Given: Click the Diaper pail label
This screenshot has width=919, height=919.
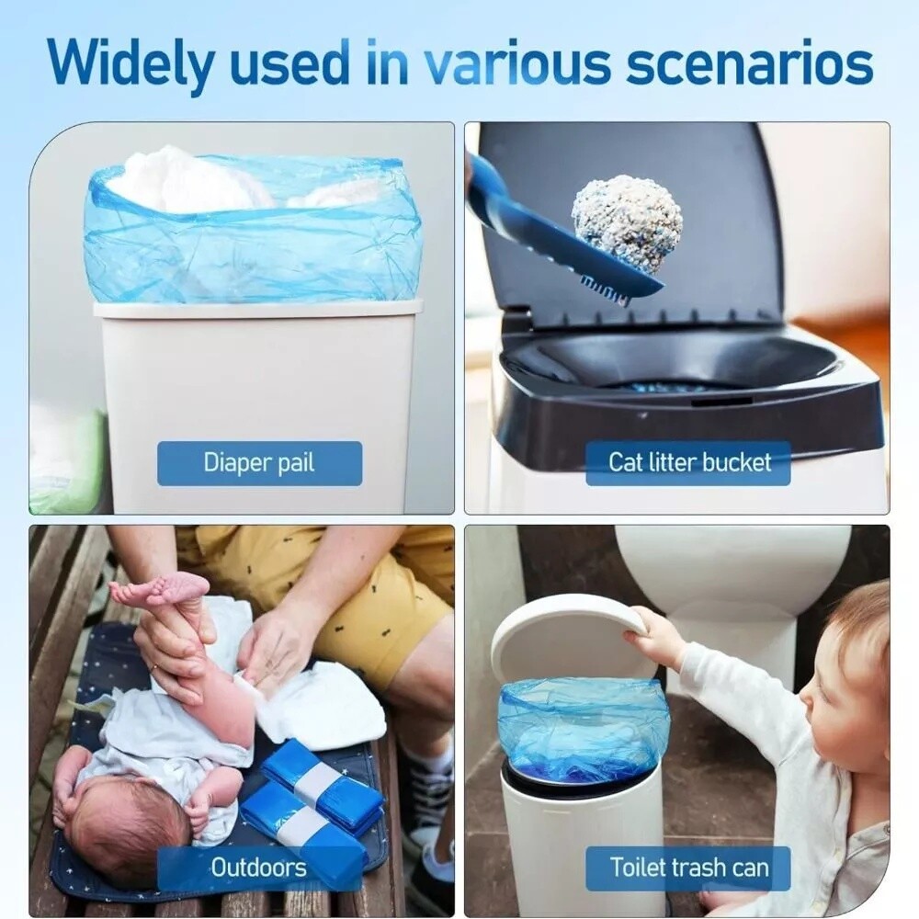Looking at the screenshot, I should (x=259, y=462).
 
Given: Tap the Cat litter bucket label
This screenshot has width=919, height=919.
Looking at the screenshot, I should (x=688, y=462).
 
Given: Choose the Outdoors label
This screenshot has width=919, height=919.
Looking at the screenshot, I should (x=258, y=867).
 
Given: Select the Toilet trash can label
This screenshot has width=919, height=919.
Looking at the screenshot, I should (x=688, y=867).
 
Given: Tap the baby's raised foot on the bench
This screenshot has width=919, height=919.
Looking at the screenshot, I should (x=165, y=591).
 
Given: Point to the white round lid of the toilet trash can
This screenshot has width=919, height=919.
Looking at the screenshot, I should (x=561, y=634).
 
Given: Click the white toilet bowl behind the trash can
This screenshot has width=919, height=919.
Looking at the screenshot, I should (x=735, y=561).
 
